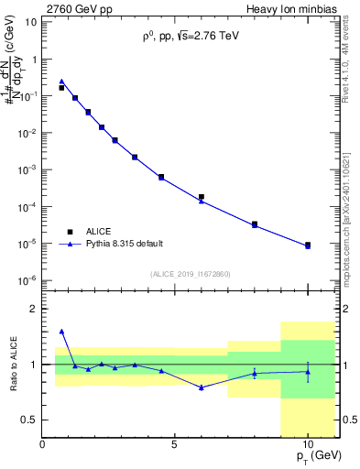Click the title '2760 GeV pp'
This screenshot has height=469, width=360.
74,8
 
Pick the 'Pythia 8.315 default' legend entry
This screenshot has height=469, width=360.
125,244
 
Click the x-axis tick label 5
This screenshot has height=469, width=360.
175,445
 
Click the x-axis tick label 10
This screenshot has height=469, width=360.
308,445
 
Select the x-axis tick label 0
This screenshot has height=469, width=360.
42,445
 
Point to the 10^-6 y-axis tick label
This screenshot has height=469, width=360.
27,280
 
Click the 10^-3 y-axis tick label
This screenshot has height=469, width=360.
27,169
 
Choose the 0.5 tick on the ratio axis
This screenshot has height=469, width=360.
30,420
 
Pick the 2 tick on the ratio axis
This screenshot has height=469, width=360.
35,309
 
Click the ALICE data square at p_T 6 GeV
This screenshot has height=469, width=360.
202,197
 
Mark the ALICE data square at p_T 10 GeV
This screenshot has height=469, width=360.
308,245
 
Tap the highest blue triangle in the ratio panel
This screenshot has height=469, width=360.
61,331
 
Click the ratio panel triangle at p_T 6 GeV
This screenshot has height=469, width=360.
202,387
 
